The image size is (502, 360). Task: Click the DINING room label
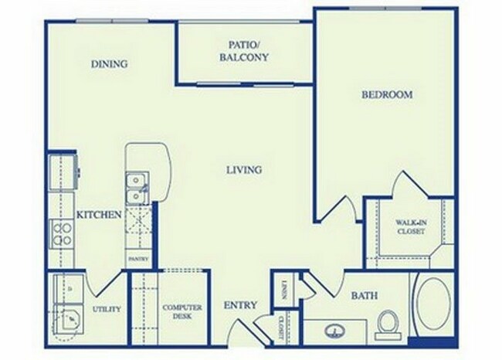click(x=108, y=64)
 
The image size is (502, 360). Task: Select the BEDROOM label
click(x=387, y=95)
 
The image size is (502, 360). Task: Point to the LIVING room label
click(x=244, y=170)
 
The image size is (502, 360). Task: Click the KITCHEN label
click(x=99, y=215)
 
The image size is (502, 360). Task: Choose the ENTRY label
click(x=239, y=305)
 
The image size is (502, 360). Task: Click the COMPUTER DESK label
click(x=182, y=312)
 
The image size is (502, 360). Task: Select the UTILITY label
click(x=106, y=309)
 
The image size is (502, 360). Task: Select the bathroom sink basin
click(x=337, y=328)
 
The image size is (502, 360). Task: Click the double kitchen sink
click(x=136, y=188)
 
